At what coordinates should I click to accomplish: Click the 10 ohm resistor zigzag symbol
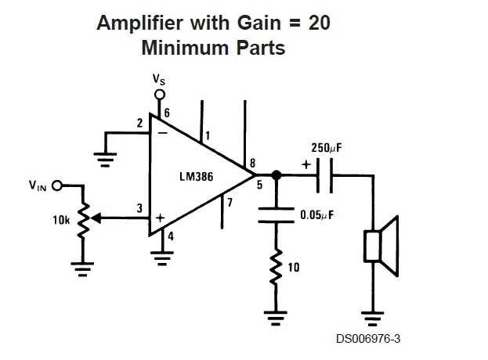(x=276, y=268)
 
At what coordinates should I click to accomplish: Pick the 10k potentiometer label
(x=61, y=221)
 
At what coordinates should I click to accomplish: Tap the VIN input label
(x=38, y=186)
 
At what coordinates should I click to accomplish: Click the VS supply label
(x=159, y=81)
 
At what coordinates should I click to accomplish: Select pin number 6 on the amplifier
(x=167, y=113)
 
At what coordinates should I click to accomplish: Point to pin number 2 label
(x=139, y=123)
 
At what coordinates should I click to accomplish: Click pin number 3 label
(x=139, y=208)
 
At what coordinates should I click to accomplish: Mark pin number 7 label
(x=229, y=203)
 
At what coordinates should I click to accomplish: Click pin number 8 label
(x=252, y=164)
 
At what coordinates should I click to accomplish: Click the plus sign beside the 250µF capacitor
(x=305, y=165)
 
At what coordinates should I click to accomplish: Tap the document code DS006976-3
(x=369, y=339)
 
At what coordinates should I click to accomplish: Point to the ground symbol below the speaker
(x=371, y=317)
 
